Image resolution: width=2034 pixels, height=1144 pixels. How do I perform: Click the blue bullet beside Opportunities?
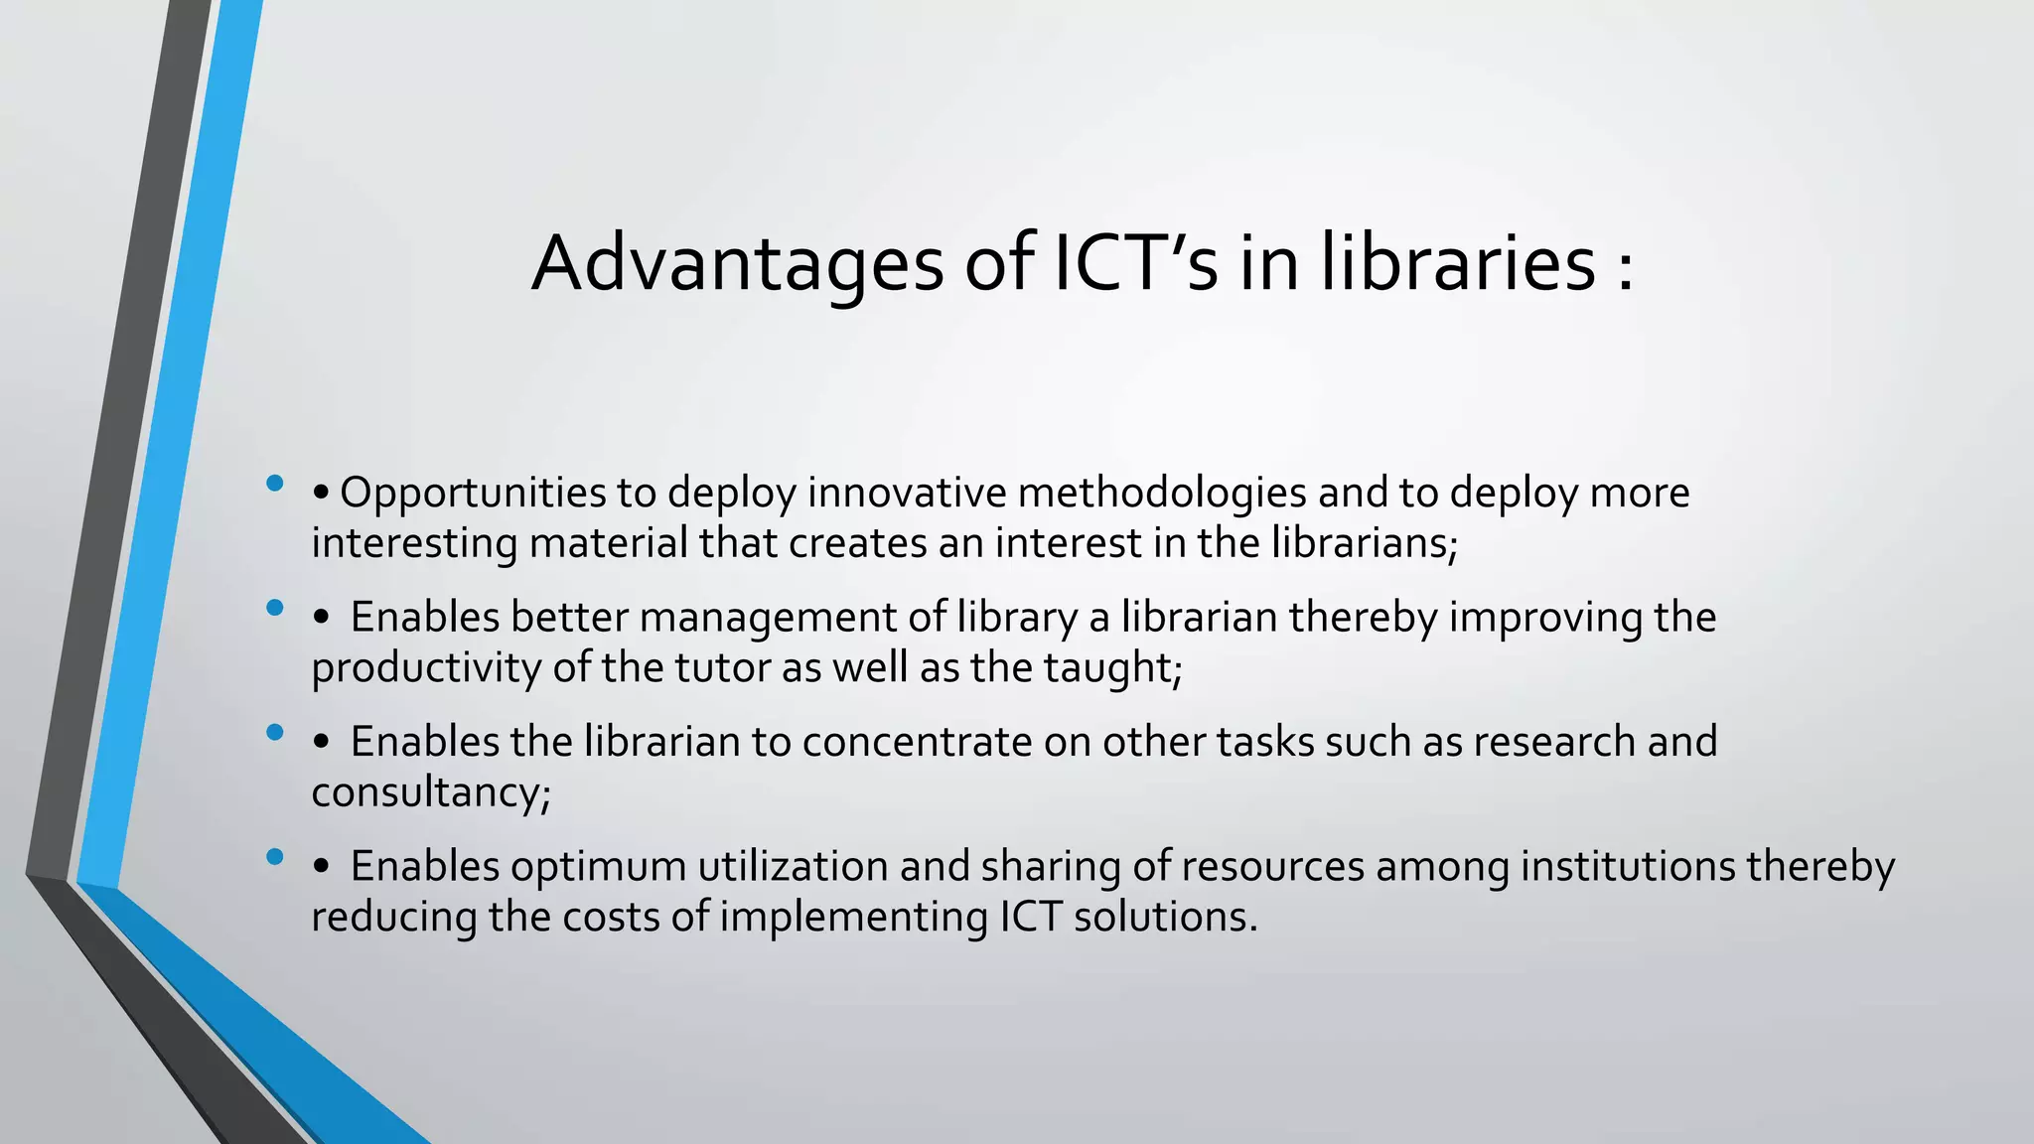click(275, 485)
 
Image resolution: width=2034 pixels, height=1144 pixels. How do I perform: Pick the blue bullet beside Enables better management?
click(275, 609)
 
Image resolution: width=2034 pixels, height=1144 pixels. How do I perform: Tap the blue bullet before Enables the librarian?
click(275, 734)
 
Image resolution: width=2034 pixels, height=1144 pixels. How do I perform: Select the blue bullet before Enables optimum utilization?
click(275, 857)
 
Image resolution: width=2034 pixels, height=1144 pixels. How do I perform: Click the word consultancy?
click(431, 792)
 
